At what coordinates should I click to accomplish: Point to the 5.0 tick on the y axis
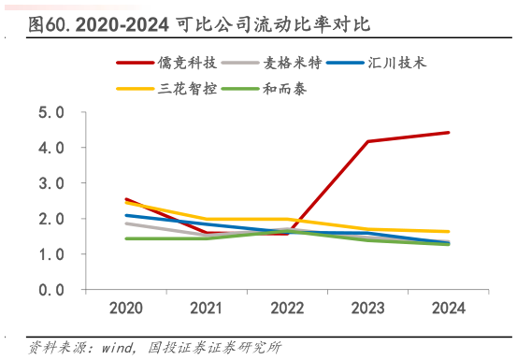(51, 113)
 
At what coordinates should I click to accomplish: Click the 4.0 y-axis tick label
(51, 149)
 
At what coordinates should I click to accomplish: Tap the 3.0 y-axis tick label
(51, 184)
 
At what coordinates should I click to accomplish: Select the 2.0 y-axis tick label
(51, 220)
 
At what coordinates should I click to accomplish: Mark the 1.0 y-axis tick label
(51, 255)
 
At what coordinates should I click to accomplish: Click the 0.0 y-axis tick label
(51, 291)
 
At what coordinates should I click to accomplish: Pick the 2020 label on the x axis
(126, 308)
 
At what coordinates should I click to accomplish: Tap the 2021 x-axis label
(207, 308)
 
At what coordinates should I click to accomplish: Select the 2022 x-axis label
(288, 308)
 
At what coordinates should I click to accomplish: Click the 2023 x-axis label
(368, 308)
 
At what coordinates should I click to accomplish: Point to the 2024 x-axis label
(449, 308)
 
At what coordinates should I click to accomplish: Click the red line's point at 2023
(368, 141)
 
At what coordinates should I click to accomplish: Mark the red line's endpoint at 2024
(449, 132)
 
